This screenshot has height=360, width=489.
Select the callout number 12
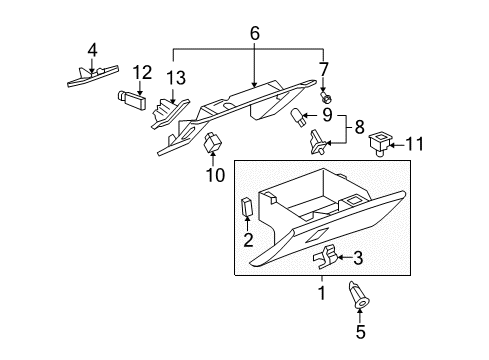[x=142, y=72]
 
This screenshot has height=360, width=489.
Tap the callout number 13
[x=176, y=79]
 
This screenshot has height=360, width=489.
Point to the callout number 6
[x=254, y=32]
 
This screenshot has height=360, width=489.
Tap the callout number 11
[x=414, y=144]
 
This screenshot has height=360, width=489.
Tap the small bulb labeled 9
[x=299, y=120]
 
